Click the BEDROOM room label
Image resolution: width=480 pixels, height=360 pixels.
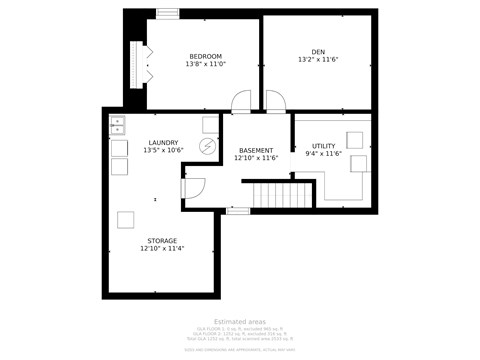[205, 55]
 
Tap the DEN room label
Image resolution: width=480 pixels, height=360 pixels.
[318, 51]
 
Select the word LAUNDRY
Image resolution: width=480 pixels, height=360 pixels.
[163, 143]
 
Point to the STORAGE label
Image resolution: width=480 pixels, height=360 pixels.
[162, 241]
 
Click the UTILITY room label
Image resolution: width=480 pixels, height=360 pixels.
[323, 146]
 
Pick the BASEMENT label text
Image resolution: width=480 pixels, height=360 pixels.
[255, 150]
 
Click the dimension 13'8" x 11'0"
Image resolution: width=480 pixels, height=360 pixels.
[205, 64]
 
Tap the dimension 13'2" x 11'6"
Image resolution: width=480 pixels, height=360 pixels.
[318, 60]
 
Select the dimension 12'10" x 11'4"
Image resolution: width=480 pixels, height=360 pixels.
[162, 249]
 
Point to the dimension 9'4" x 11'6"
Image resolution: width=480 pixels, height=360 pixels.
[323, 154]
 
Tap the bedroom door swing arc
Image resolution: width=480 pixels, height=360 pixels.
[240, 100]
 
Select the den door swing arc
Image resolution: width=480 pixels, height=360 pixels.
[275, 100]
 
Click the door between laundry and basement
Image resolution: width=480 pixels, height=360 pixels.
[194, 188]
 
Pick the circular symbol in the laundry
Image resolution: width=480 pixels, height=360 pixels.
[208, 146]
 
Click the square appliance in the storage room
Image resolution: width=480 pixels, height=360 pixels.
[127, 219]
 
